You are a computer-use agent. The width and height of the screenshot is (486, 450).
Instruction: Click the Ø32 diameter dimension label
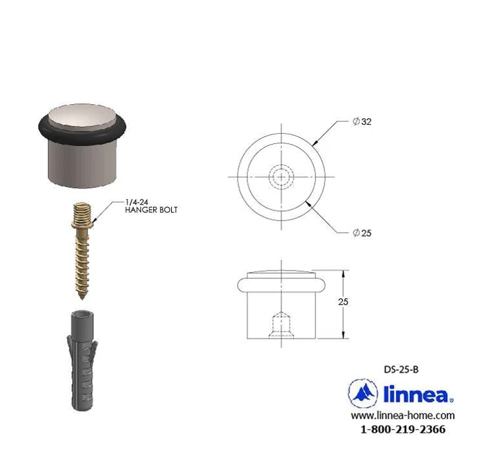[x=362, y=122]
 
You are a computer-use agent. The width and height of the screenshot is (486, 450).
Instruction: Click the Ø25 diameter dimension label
[x=362, y=233]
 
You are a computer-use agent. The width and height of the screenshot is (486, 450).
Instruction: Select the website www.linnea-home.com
[x=402, y=416]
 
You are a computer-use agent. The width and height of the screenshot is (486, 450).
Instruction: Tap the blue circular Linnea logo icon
[x=362, y=392]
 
